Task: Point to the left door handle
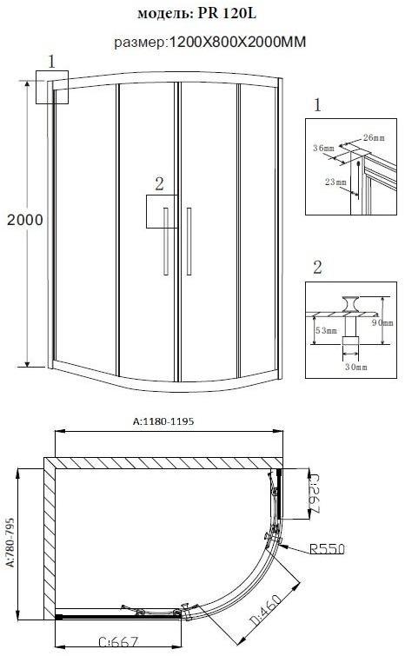click(x=165, y=242)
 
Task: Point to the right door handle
click(x=188, y=242)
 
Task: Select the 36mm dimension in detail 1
click(x=322, y=149)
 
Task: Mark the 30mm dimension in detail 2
click(x=352, y=368)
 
